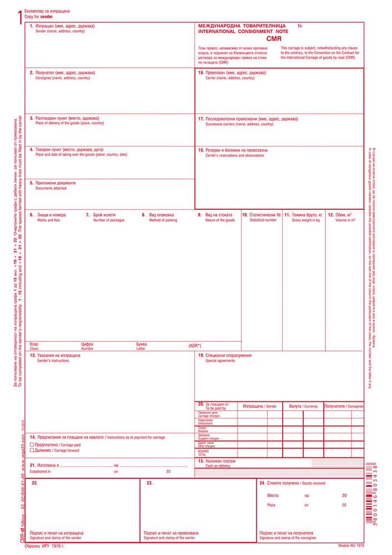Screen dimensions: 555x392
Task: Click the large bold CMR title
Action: click(274, 39)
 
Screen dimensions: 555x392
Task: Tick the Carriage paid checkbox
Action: click(32, 445)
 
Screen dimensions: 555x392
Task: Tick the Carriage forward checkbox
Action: click(32, 450)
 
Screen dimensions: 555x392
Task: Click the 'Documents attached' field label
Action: click(51, 188)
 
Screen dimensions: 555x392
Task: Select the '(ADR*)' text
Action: click(195, 346)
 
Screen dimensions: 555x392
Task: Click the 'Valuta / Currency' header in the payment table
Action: click(303, 406)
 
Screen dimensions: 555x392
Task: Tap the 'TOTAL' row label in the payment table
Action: click(203, 455)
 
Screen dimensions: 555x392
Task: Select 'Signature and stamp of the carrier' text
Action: click(169, 539)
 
